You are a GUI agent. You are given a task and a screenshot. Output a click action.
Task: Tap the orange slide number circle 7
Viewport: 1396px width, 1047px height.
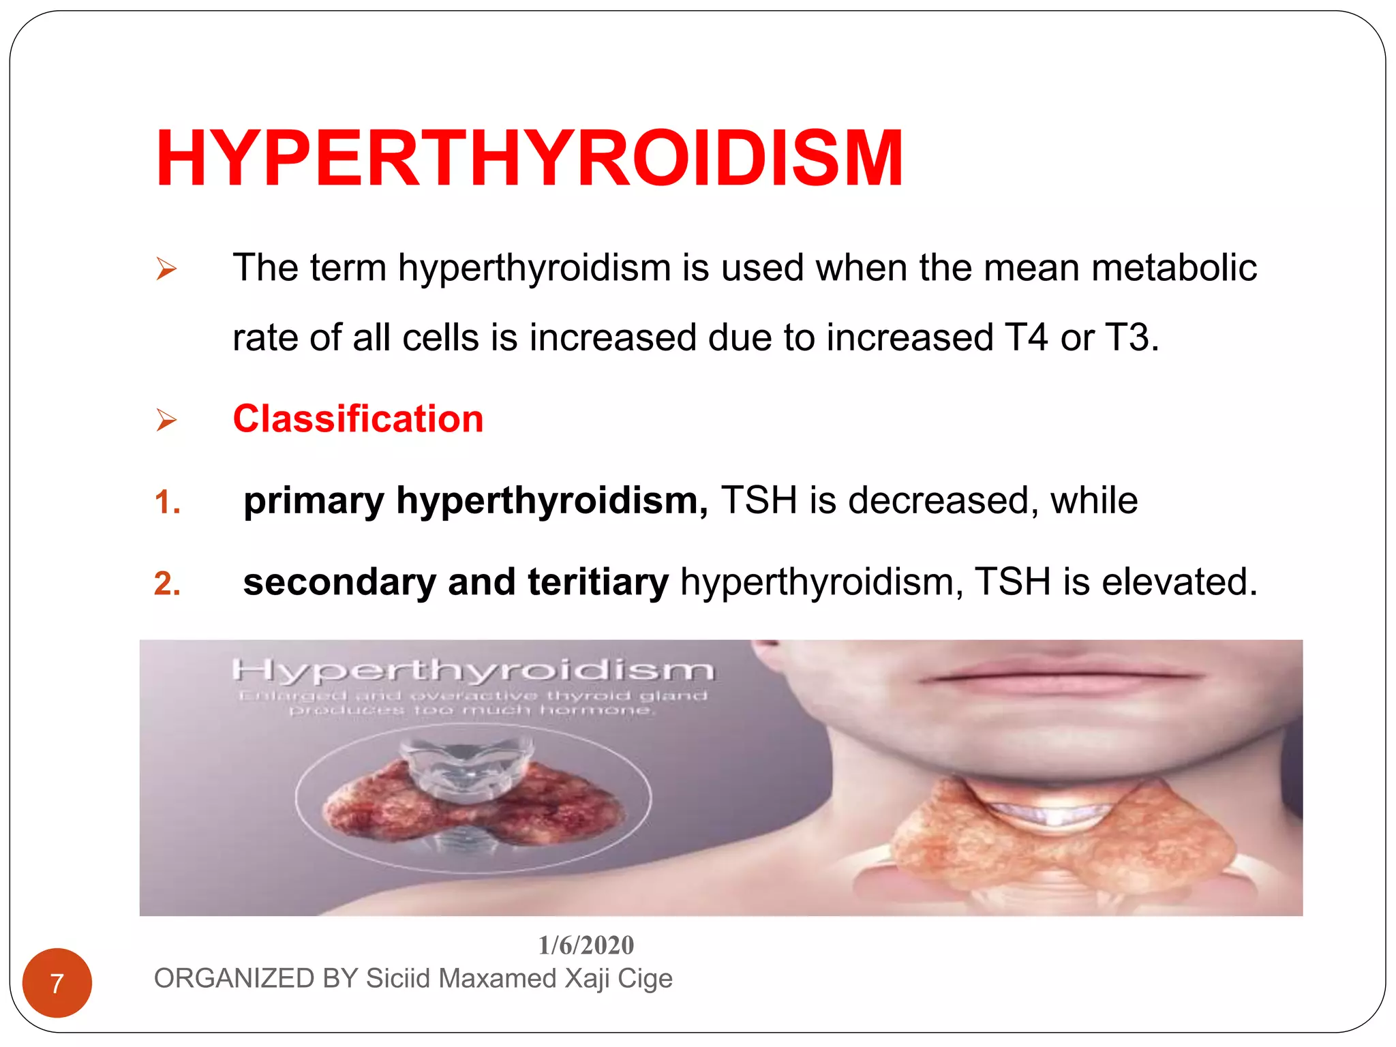57,983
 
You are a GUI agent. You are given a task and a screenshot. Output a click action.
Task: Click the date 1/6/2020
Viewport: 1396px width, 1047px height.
586,945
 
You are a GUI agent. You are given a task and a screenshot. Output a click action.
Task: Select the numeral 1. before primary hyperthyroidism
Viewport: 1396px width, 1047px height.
167,503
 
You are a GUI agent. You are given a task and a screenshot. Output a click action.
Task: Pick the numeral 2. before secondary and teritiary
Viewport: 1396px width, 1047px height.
167,584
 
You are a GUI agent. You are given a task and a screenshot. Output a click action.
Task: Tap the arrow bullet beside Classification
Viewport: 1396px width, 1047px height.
166,420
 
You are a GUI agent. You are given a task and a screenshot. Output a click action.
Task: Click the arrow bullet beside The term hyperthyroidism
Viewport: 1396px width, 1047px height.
166,269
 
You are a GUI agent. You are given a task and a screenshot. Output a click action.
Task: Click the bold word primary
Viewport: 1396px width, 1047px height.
314,501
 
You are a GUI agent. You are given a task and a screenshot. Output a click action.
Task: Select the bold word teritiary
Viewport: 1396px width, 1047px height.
598,582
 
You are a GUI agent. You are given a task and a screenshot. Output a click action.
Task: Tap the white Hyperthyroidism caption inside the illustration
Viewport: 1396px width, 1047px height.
473,670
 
